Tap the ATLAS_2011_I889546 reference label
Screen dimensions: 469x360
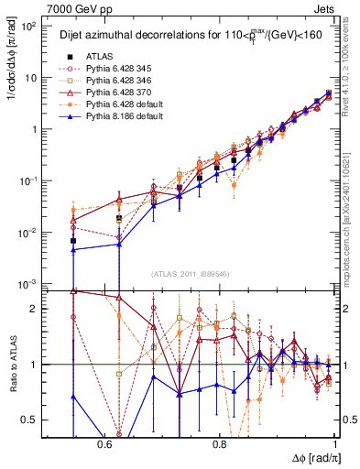pos(191,274)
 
